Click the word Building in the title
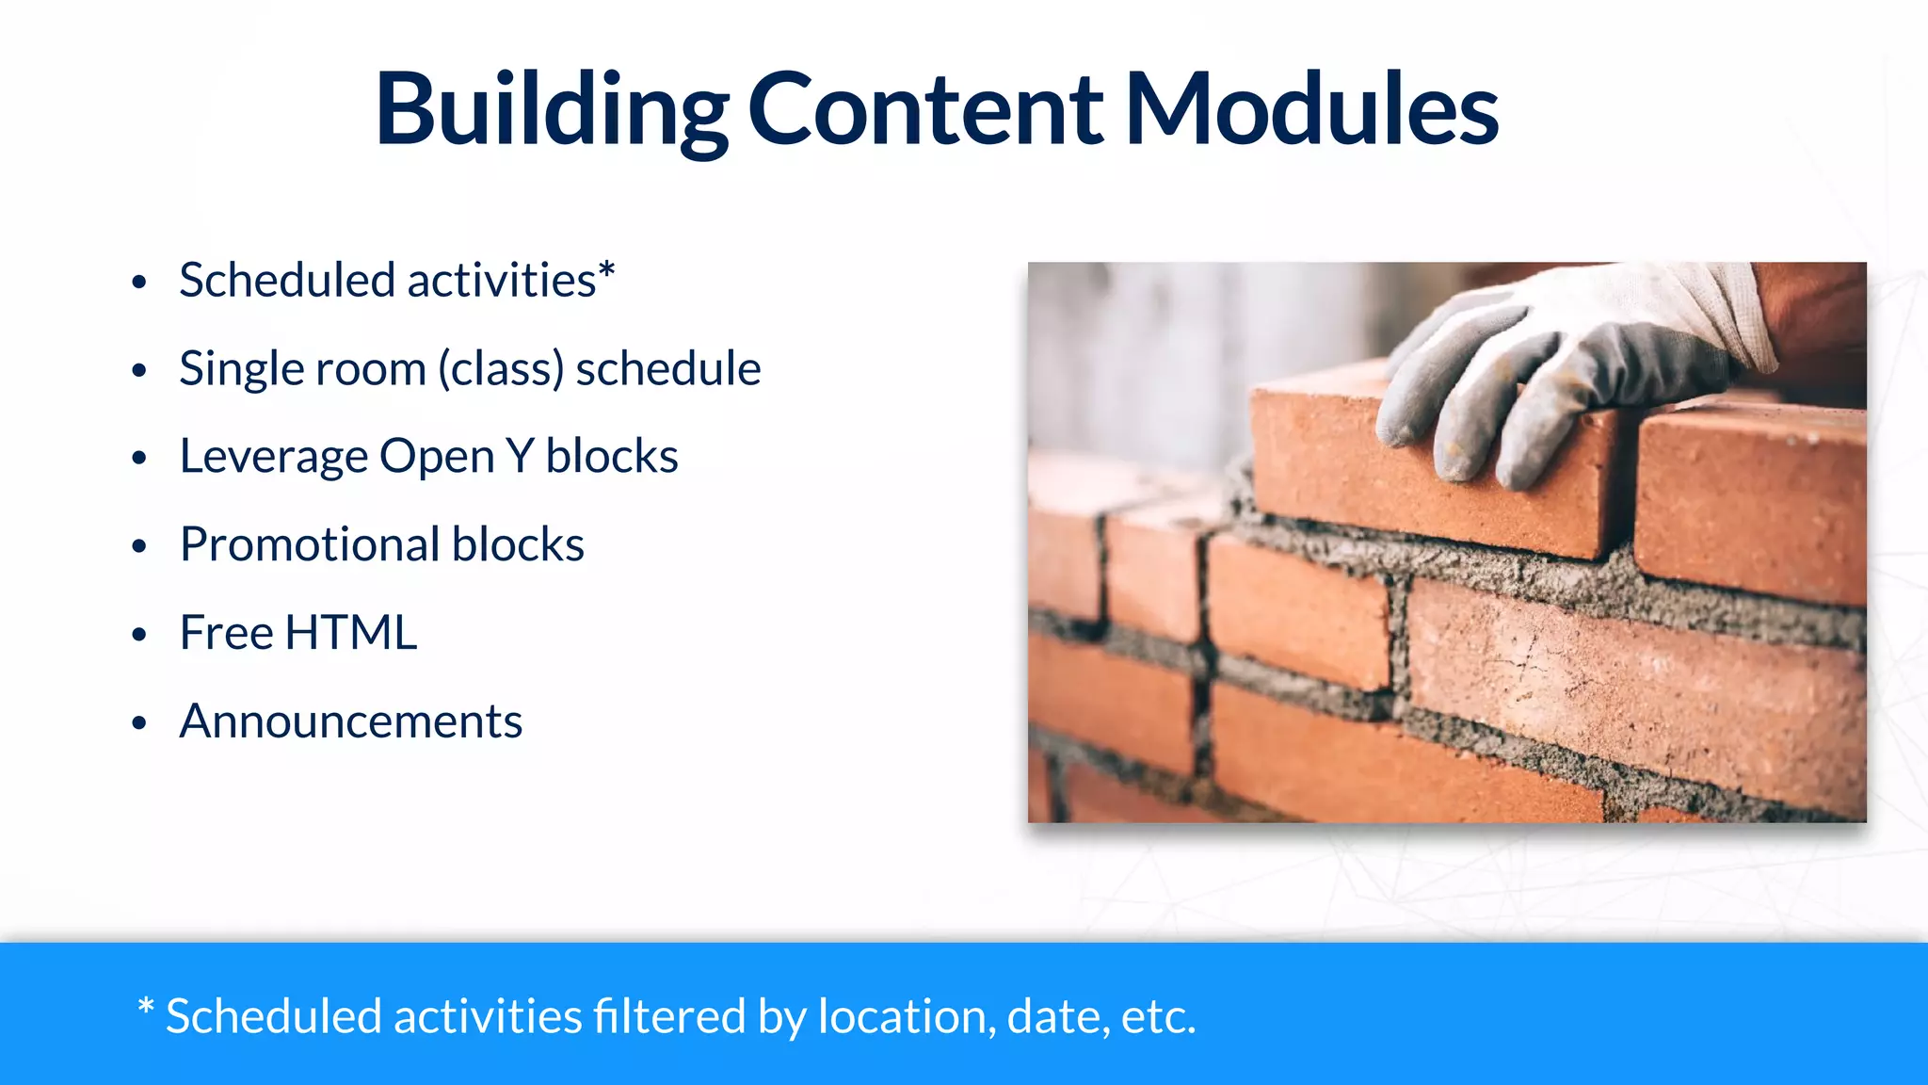pos(551,111)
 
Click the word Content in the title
pos(924,111)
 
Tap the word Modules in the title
pos(1311,111)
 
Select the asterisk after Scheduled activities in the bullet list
pos(607,270)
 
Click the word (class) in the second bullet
pos(502,369)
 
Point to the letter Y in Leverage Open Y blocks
pos(520,457)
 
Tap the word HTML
pos(351,633)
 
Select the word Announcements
pos(350,722)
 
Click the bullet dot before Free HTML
pos(139,635)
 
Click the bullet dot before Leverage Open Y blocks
pos(139,459)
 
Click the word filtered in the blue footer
pos(668,1017)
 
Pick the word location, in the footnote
pos(907,1017)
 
